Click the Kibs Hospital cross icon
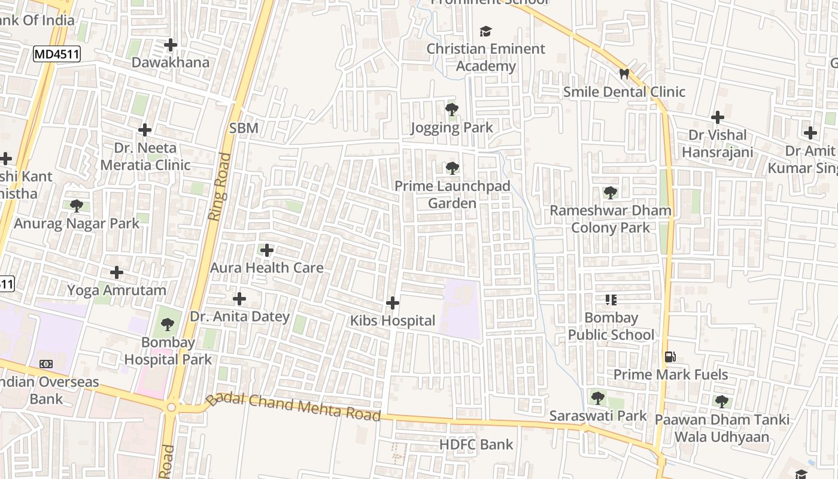pyautogui.click(x=393, y=303)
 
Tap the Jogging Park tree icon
pyautogui.click(x=452, y=110)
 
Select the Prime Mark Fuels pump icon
pyautogui.click(x=670, y=357)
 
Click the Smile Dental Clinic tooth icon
pyautogui.click(x=624, y=74)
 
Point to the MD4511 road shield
pyautogui.click(x=56, y=54)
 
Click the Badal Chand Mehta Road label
pyautogui.click(x=293, y=408)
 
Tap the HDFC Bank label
pyautogui.click(x=476, y=444)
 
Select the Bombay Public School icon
pyautogui.click(x=611, y=299)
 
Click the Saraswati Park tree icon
pyautogui.click(x=597, y=398)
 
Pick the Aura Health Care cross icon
pyautogui.click(x=267, y=250)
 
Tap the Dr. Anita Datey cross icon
pyautogui.click(x=239, y=298)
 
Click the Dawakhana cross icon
pyautogui.click(x=171, y=45)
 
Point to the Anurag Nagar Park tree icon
pyautogui.click(x=77, y=206)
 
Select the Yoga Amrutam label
pyautogui.click(x=116, y=290)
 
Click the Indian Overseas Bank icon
pyautogui.click(x=46, y=364)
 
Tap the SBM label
pyautogui.click(x=244, y=128)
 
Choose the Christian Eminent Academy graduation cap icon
pyautogui.click(x=485, y=31)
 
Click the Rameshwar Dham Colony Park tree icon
pyautogui.click(x=611, y=193)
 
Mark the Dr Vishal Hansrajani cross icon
pyautogui.click(x=717, y=117)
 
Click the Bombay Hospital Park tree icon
pyautogui.click(x=168, y=325)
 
